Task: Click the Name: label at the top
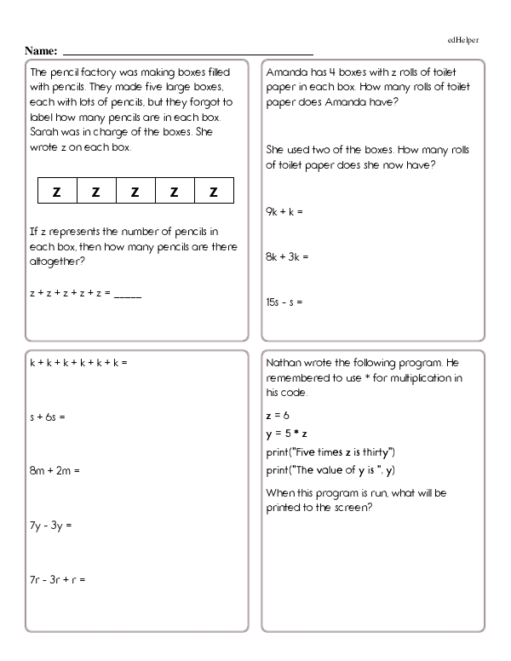41,51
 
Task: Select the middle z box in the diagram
135,193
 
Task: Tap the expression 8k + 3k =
287,256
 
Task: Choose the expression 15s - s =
284,302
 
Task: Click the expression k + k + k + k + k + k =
78,364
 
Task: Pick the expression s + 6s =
47,417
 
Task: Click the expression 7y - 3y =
50,526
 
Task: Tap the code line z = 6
278,417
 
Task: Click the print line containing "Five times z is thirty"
330,451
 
